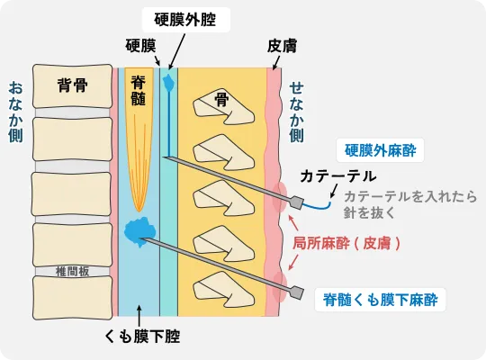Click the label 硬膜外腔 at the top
[185, 20]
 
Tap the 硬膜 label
[140, 46]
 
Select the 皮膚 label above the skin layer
[282, 46]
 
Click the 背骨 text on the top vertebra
[73, 85]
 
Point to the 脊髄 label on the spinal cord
[139, 90]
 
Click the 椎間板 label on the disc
[72, 272]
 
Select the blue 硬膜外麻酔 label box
[381, 150]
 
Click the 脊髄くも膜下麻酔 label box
[381, 300]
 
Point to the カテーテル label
[338, 176]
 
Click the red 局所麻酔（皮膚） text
[346, 243]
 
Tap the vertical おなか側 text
[16, 112]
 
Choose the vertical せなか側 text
[297, 112]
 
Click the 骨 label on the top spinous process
[222, 100]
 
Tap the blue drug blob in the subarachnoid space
[139, 231]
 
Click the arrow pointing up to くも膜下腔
[139, 316]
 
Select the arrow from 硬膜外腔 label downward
[176, 51]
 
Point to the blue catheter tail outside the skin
[317, 206]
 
